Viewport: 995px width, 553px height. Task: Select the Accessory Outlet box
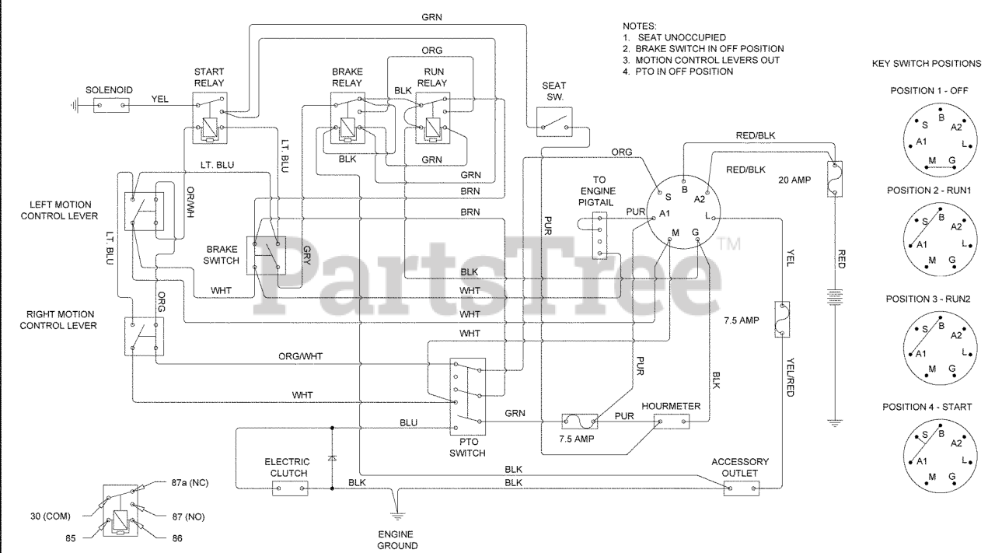[x=740, y=488]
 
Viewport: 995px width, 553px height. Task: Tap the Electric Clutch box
[x=290, y=488]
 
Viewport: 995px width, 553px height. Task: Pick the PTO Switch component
[x=467, y=394]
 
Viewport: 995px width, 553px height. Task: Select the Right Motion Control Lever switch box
[x=144, y=334]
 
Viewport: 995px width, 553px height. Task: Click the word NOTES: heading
[x=640, y=26]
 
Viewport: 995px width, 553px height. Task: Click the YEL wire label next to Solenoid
[x=159, y=99]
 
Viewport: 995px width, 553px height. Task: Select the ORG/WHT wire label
[x=301, y=356]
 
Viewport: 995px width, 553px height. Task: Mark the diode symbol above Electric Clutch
[x=333, y=458]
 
